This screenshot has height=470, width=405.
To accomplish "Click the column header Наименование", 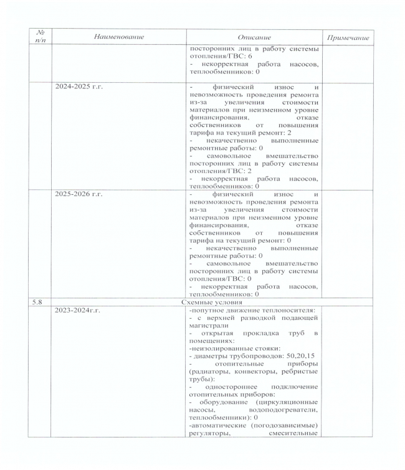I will click(x=118, y=37).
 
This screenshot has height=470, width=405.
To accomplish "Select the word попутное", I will click(x=207, y=309).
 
